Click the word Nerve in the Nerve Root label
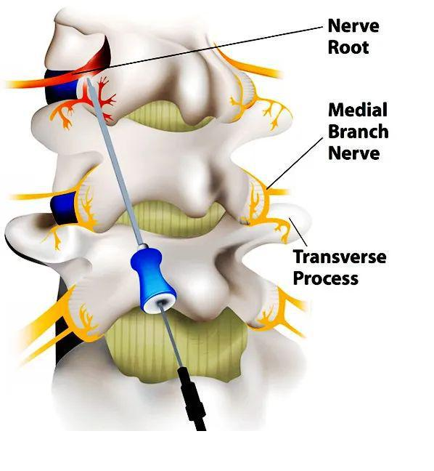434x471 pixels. [353, 25]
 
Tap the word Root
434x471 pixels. [348, 47]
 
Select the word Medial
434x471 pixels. [358, 110]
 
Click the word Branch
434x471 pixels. [359, 132]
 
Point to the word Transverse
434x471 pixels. [340, 257]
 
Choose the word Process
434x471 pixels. [326, 278]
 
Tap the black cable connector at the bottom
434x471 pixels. [192, 398]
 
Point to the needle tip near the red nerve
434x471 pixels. [89, 80]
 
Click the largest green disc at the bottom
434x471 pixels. [177, 345]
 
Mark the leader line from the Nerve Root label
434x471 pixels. [198, 50]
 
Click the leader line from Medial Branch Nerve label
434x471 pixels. [295, 164]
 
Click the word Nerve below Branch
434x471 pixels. [354, 153]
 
